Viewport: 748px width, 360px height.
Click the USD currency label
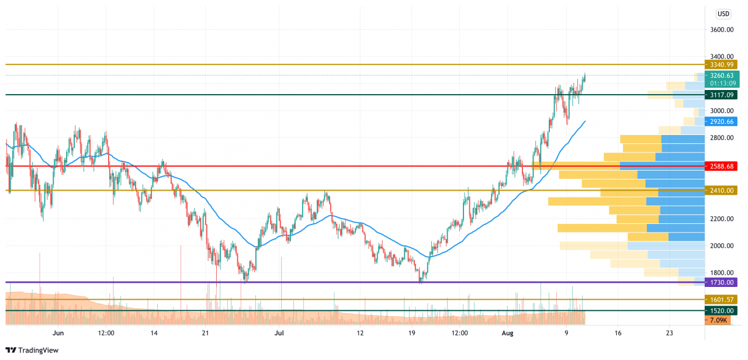pyautogui.click(x=723, y=13)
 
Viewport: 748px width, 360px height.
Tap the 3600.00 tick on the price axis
pyautogui.click(x=721, y=29)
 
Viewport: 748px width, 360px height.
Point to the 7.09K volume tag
pyautogui.click(x=718, y=320)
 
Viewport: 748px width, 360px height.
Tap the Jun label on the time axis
pyautogui.click(x=58, y=333)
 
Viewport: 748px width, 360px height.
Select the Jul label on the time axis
pyautogui.click(x=279, y=333)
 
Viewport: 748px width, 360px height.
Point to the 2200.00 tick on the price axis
pyautogui.click(x=721, y=219)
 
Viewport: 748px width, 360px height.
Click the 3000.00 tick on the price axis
pyautogui.click(x=721, y=110)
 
